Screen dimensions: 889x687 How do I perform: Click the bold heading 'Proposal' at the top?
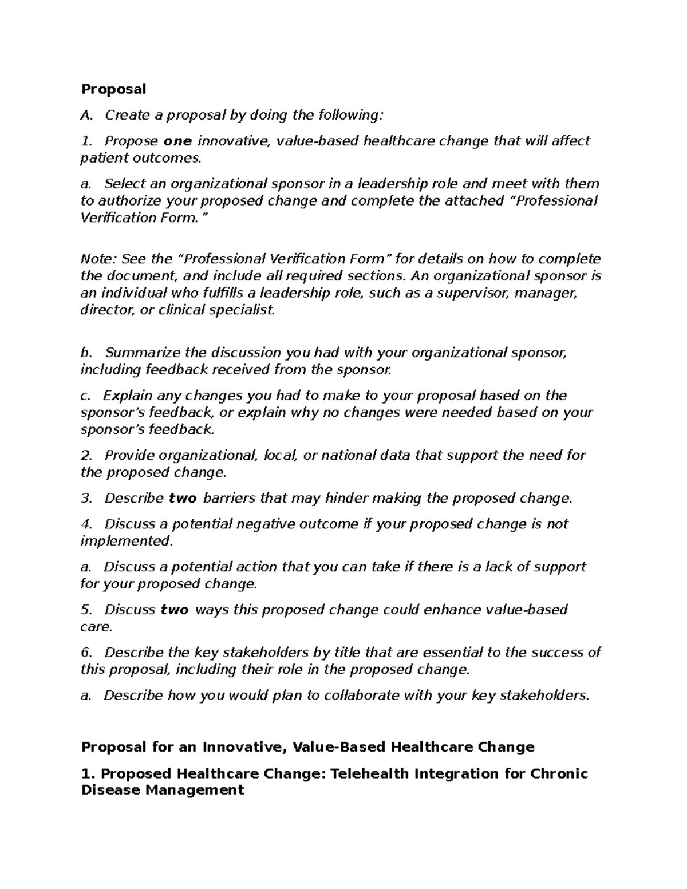pyautogui.click(x=113, y=89)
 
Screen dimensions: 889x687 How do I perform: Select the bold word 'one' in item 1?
pyautogui.click(x=177, y=141)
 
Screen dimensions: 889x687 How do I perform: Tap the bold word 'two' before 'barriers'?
pyautogui.click(x=183, y=498)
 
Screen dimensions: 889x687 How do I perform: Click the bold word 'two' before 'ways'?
pyautogui.click(x=175, y=610)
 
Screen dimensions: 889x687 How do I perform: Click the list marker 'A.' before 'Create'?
pyautogui.click(x=86, y=116)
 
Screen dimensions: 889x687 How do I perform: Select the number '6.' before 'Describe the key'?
pyautogui.click(x=86, y=653)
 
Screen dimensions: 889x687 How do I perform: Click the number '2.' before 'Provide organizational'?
pyautogui.click(x=86, y=456)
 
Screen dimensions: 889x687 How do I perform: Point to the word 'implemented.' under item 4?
pyautogui.click(x=126, y=541)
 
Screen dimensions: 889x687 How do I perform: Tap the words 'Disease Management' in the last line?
pyautogui.click(x=163, y=791)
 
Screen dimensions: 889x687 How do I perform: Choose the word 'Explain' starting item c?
pyautogui.click(x=128, y=396)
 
